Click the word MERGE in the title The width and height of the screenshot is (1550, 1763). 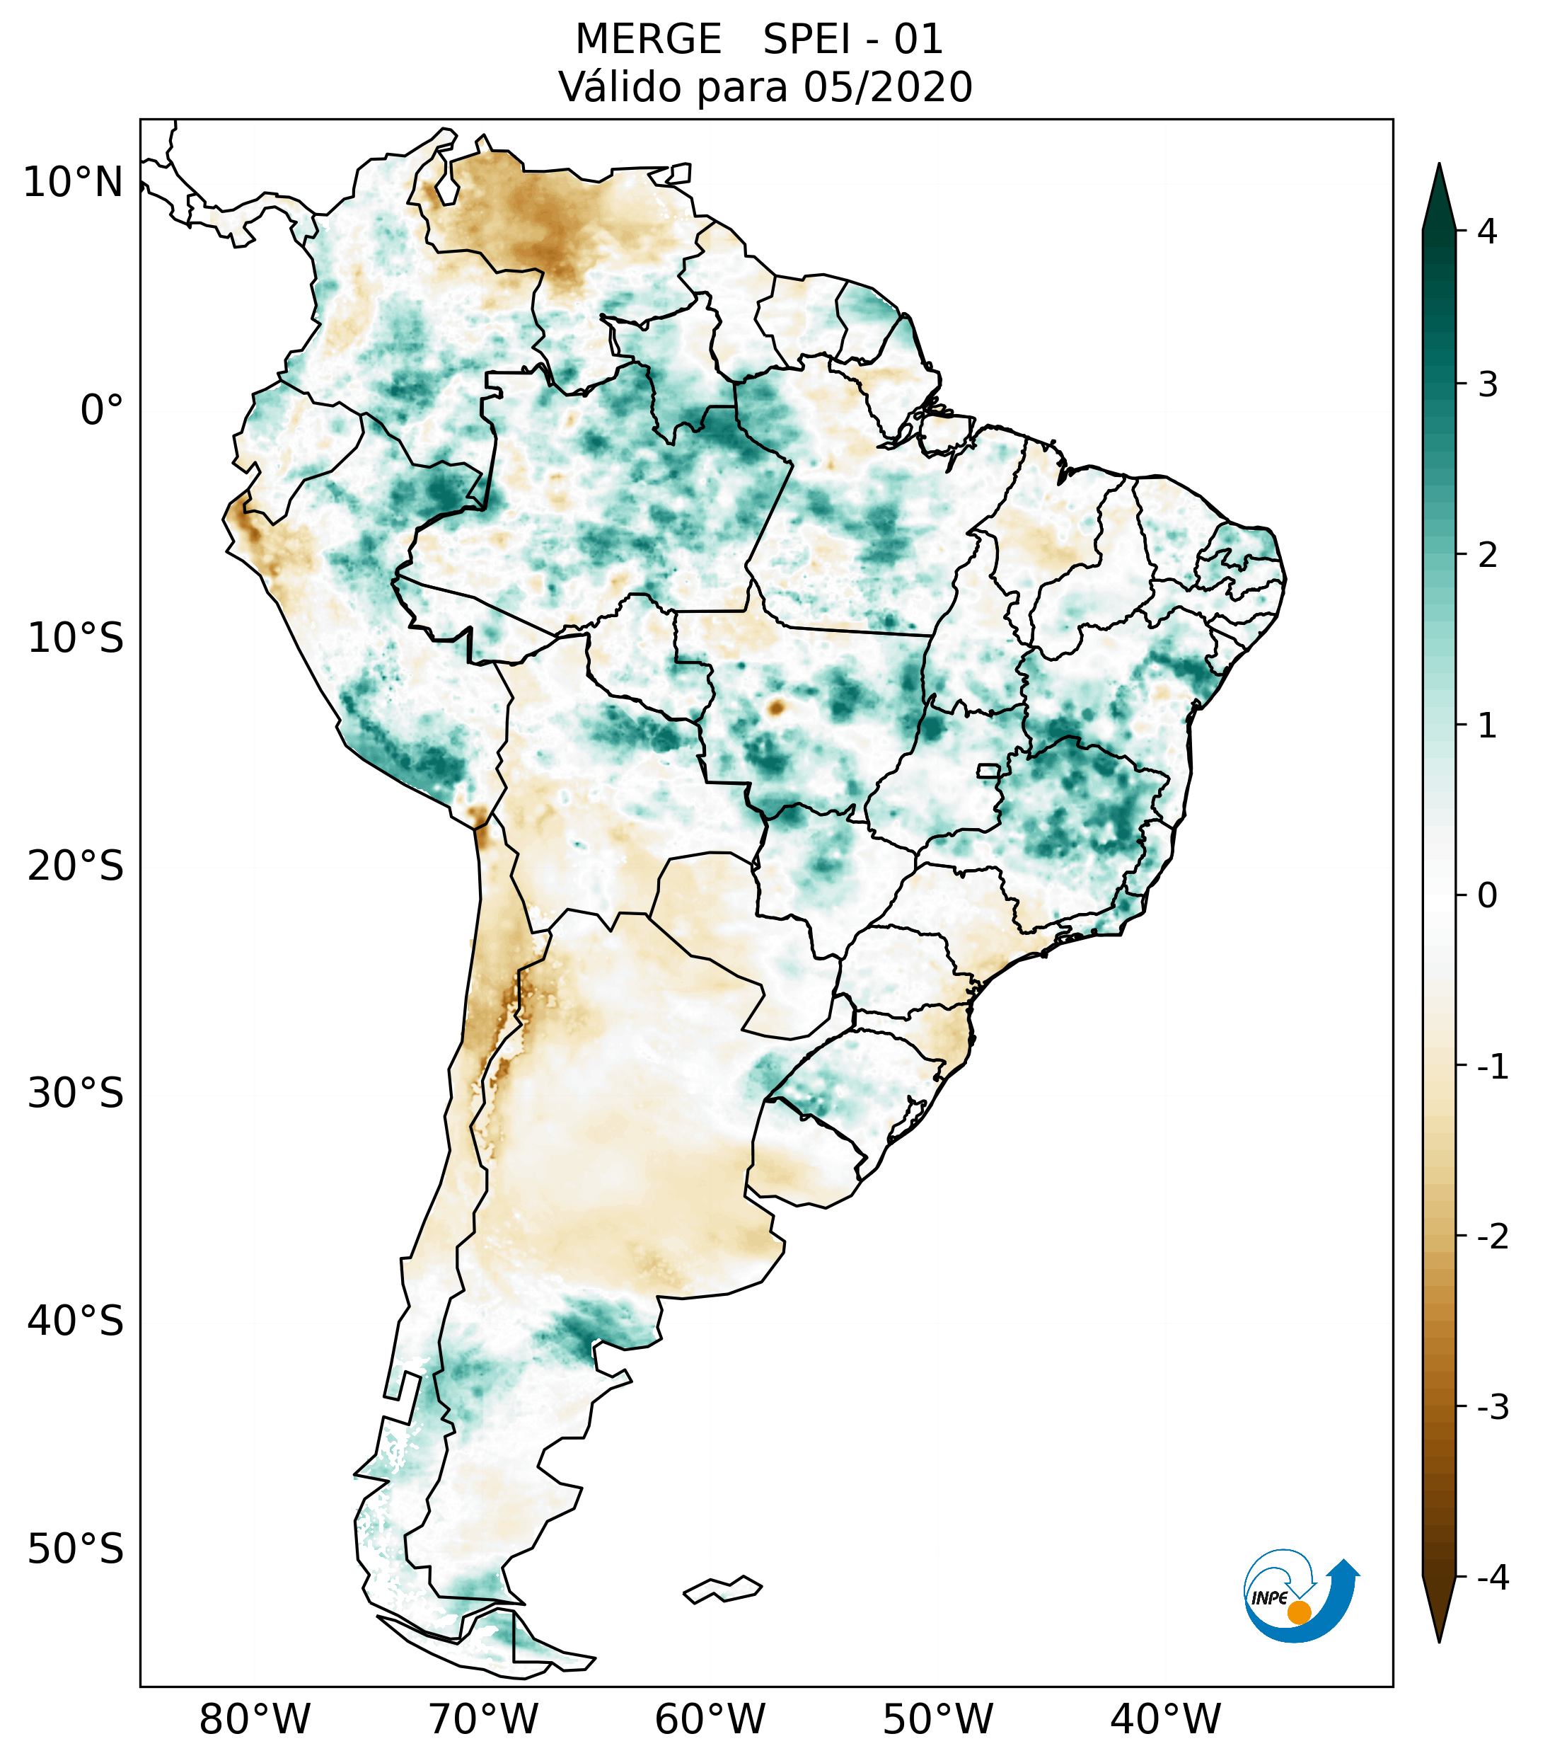tap(648, 40)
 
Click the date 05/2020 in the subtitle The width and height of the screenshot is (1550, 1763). tap(887, 87)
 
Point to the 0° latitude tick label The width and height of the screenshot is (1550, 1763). tap(102, 410)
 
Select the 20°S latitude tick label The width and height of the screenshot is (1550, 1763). tap(76, 866)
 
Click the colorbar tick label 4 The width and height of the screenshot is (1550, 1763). tap(1487, 231)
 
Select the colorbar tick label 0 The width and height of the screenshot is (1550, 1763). tap(1487, 896)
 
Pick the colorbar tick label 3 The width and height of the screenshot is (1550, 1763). tap(1487, 385)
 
